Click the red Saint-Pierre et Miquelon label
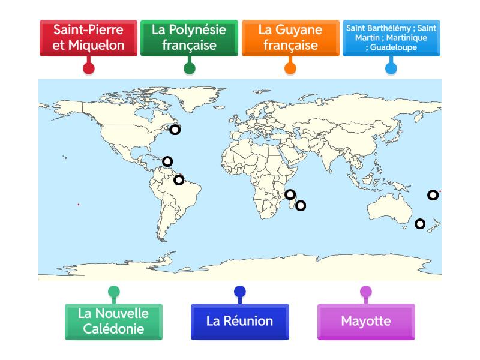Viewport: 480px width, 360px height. (x=88, y=37)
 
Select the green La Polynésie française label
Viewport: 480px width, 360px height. (x=189, y=37)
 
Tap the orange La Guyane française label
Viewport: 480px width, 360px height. (x=290, y=37)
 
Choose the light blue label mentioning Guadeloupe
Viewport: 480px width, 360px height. (x=391, y=37)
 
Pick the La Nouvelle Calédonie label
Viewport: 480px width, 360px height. (x=113, y=321)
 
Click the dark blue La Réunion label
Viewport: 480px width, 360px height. (x=240, y=321)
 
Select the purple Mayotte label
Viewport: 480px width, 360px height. (x=366, y=321)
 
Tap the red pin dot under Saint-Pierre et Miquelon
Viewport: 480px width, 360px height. (x=88, y=67)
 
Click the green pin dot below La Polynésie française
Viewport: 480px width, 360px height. (x=189, y=67)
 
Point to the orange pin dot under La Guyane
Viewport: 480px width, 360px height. (x=290, y=67)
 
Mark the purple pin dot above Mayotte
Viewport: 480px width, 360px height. (x=366, y=293)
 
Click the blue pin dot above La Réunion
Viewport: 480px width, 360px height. (x=240, y=293)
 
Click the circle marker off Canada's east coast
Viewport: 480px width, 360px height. (x=175, y=129)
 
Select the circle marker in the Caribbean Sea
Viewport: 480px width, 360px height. (x=167, y=161)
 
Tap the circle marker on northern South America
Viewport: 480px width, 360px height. (x=179, y=179)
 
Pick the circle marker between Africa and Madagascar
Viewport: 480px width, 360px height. (x=290, y=194)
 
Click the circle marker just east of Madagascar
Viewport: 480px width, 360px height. (x=301, y=205)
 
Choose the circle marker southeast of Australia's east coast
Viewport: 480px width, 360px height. (x=420, y=224)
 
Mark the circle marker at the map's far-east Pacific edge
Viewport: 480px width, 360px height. (x=433, y=194)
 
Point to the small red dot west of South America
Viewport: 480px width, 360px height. (x=78, y=205)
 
